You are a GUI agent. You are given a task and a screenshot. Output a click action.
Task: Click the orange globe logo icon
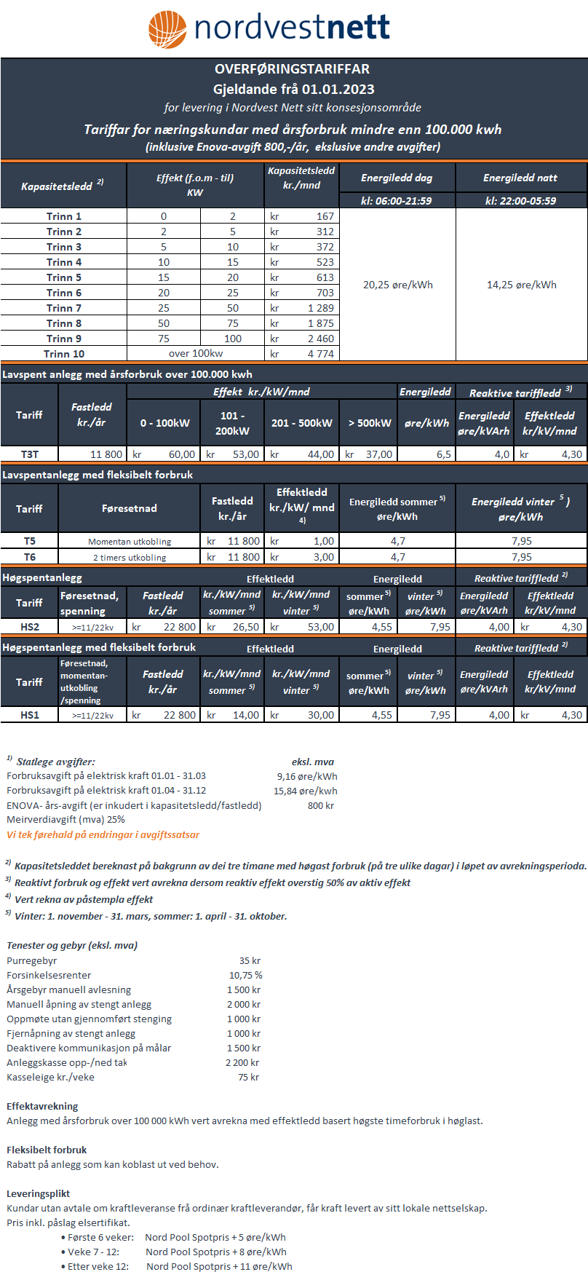(x=167, y=29)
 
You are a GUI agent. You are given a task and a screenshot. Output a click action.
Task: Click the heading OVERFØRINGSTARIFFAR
(x=292, y=69)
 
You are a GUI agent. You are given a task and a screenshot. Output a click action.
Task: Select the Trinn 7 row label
(x=64, y=308)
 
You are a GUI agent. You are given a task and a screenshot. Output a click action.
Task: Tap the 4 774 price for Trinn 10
(x=320, y=354)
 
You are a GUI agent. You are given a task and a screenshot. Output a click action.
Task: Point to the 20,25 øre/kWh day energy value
(x=397, y=285)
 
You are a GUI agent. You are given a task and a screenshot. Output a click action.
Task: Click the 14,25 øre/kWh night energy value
(x=521, y=285)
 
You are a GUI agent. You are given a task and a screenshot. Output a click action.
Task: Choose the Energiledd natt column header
(x=520, y=178)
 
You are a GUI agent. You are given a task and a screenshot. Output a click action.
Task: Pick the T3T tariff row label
(x=29, y=454)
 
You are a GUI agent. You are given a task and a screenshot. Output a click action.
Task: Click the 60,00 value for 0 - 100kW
(x=181, y=454)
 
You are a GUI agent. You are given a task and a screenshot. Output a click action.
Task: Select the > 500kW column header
(x=369, y=423)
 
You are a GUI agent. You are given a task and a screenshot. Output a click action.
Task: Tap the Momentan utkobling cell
(x=130, y=542)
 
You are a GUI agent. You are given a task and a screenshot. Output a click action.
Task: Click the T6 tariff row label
(x=29, y=557)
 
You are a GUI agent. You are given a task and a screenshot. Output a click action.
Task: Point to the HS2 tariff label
(x=29, y=627)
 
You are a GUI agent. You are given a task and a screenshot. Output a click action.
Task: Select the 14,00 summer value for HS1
(x=245, y=715)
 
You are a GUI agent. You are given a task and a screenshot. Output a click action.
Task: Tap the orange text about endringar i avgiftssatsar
(x=103, y=834)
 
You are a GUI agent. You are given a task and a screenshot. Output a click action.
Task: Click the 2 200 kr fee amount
(x=242, y=1062)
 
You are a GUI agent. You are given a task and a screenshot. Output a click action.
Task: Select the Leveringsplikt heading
(x=38, y=1193)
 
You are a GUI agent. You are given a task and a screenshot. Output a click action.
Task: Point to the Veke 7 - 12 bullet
(x=93, y=1252)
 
